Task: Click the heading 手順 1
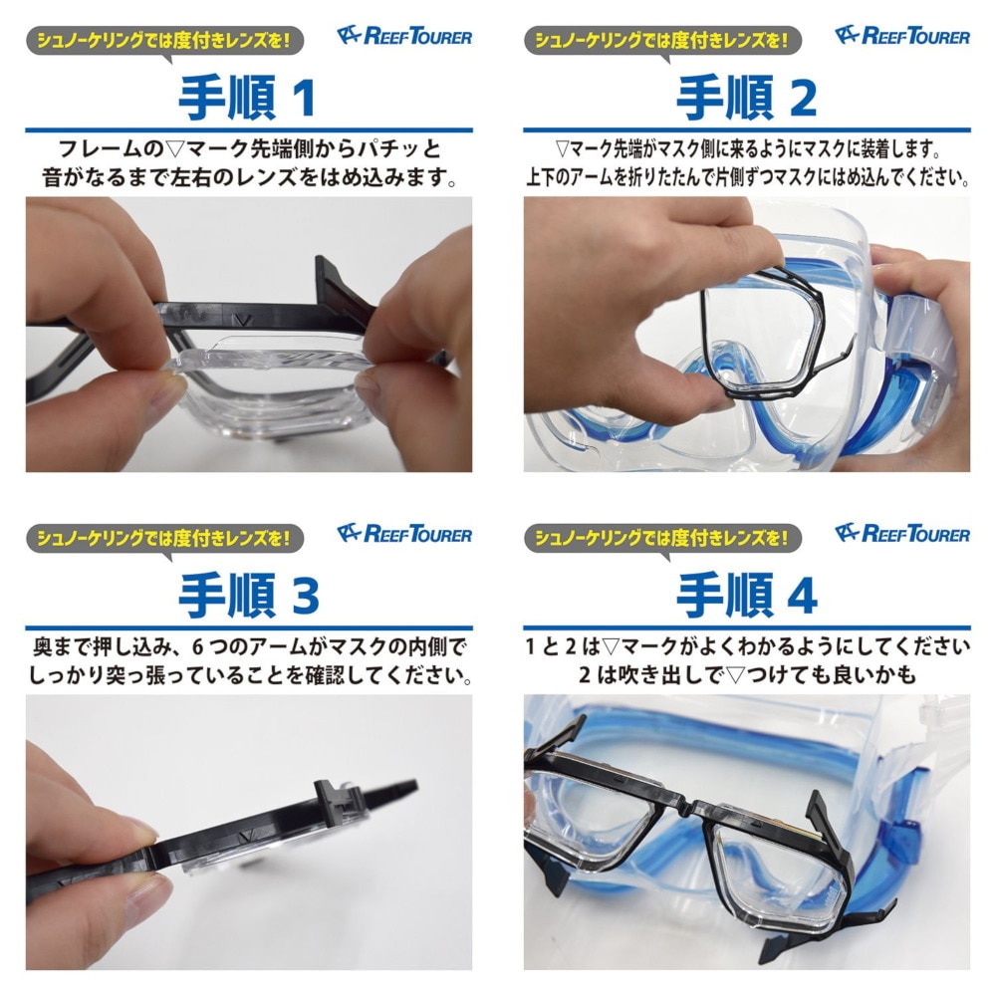(x=247, y=98)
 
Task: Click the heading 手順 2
(x=746, y=98)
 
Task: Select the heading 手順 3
(x=248, y=596)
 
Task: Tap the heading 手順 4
(x=747, y=596)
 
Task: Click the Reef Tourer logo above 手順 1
(x=404, y=36)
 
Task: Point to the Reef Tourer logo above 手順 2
(x=902, y=36)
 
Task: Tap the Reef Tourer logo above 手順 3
(x=404, y=534)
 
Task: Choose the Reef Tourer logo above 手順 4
(x=902, y=534)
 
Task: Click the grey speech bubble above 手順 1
(x=164, y=41)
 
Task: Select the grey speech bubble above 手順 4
(x=662, y=539)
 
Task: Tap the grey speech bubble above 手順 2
(x=662, y=41)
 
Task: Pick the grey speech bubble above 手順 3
(x=164, y=539)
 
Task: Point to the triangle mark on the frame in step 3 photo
(x=245, y=838)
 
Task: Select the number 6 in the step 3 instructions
(x=197, y=647)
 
